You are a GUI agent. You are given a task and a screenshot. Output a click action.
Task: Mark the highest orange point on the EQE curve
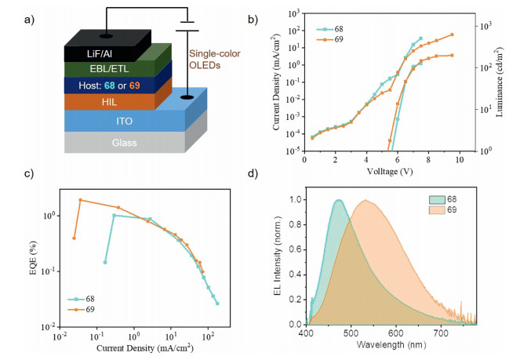(x=80, y=200)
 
